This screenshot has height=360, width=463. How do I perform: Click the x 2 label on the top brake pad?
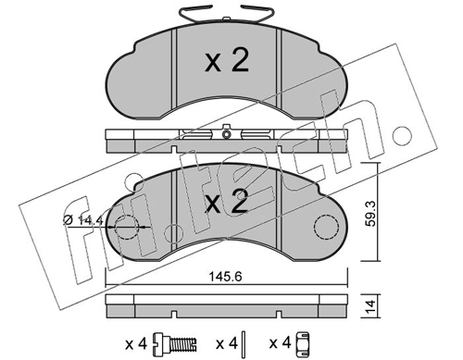pos(227,61)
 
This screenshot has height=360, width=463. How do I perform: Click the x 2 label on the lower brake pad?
pos(227,203)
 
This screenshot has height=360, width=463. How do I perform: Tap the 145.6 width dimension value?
pos(225,277)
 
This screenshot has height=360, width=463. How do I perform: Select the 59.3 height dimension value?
pos(370,214)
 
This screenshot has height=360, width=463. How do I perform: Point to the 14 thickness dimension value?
pos(370,306)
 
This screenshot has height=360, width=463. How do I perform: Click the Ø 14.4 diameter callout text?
pos(82,219)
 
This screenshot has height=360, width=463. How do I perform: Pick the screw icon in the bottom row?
pos(175,343)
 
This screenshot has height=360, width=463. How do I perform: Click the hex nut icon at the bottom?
pos(303,343)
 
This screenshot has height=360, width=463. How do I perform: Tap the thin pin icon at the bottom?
pos(244,343)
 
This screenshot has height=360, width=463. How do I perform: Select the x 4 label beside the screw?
pos(136,343)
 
